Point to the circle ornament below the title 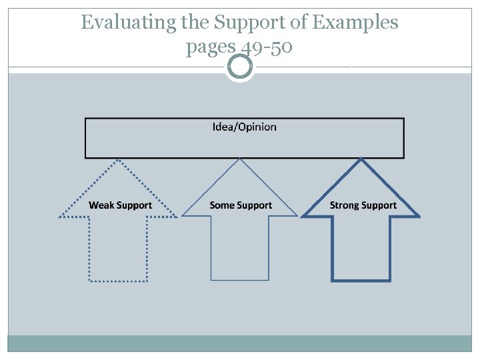tap(240, 67)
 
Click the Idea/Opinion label tap(244, 127)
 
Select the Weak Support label tap(120, 205)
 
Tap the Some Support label tap(241, 205)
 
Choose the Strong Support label tap(363, 205)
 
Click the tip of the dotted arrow tap(119, 160)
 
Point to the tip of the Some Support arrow tap(240, 160)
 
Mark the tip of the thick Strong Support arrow tap(361, 160)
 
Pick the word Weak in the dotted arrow tap(101, 205)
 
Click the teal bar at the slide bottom tap(240, 343)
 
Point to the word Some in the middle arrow tap(221, 205)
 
